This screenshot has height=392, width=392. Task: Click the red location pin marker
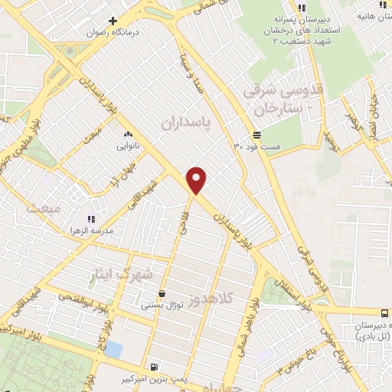[x=198, y=179]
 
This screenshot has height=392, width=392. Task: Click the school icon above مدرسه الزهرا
[x=91, y=218]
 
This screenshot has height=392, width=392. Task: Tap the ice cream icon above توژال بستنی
[x=162, y=293]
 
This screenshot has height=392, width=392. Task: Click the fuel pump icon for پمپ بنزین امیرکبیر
[x=155, y=366]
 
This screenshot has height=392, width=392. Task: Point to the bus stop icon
[x=384, y=312]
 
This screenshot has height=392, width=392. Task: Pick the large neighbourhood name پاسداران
[x=186, y=120]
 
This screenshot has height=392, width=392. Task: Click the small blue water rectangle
[x=113, y=349]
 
